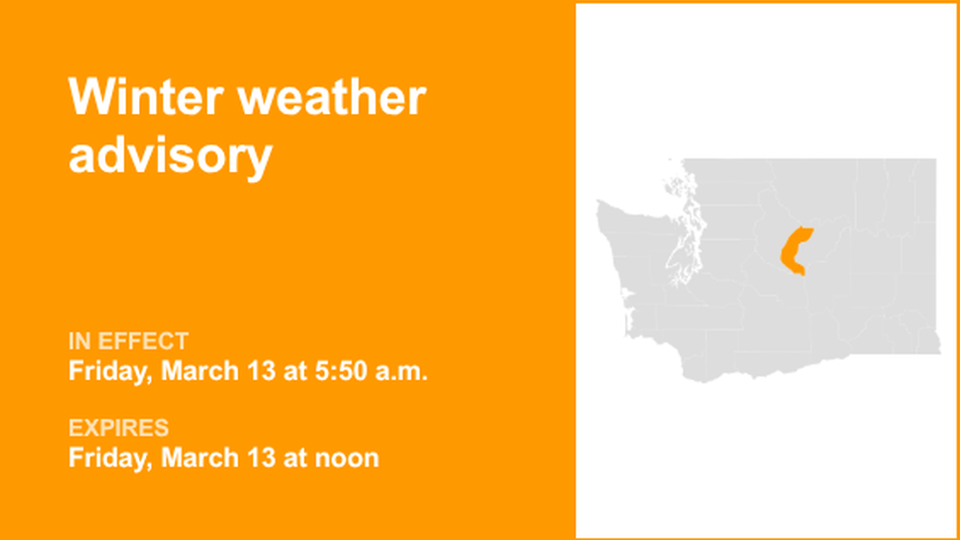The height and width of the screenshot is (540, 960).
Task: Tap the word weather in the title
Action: pos(333,98)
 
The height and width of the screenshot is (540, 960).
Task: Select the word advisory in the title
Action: pos(170,156)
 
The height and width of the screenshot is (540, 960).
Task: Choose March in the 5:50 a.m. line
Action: pos(192,371)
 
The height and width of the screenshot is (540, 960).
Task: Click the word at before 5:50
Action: pos(282,371)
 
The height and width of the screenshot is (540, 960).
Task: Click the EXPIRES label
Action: pos(119,428)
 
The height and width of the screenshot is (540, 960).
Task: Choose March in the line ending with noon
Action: pos(192,457)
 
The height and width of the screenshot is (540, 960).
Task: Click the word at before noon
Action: pos(282,457)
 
